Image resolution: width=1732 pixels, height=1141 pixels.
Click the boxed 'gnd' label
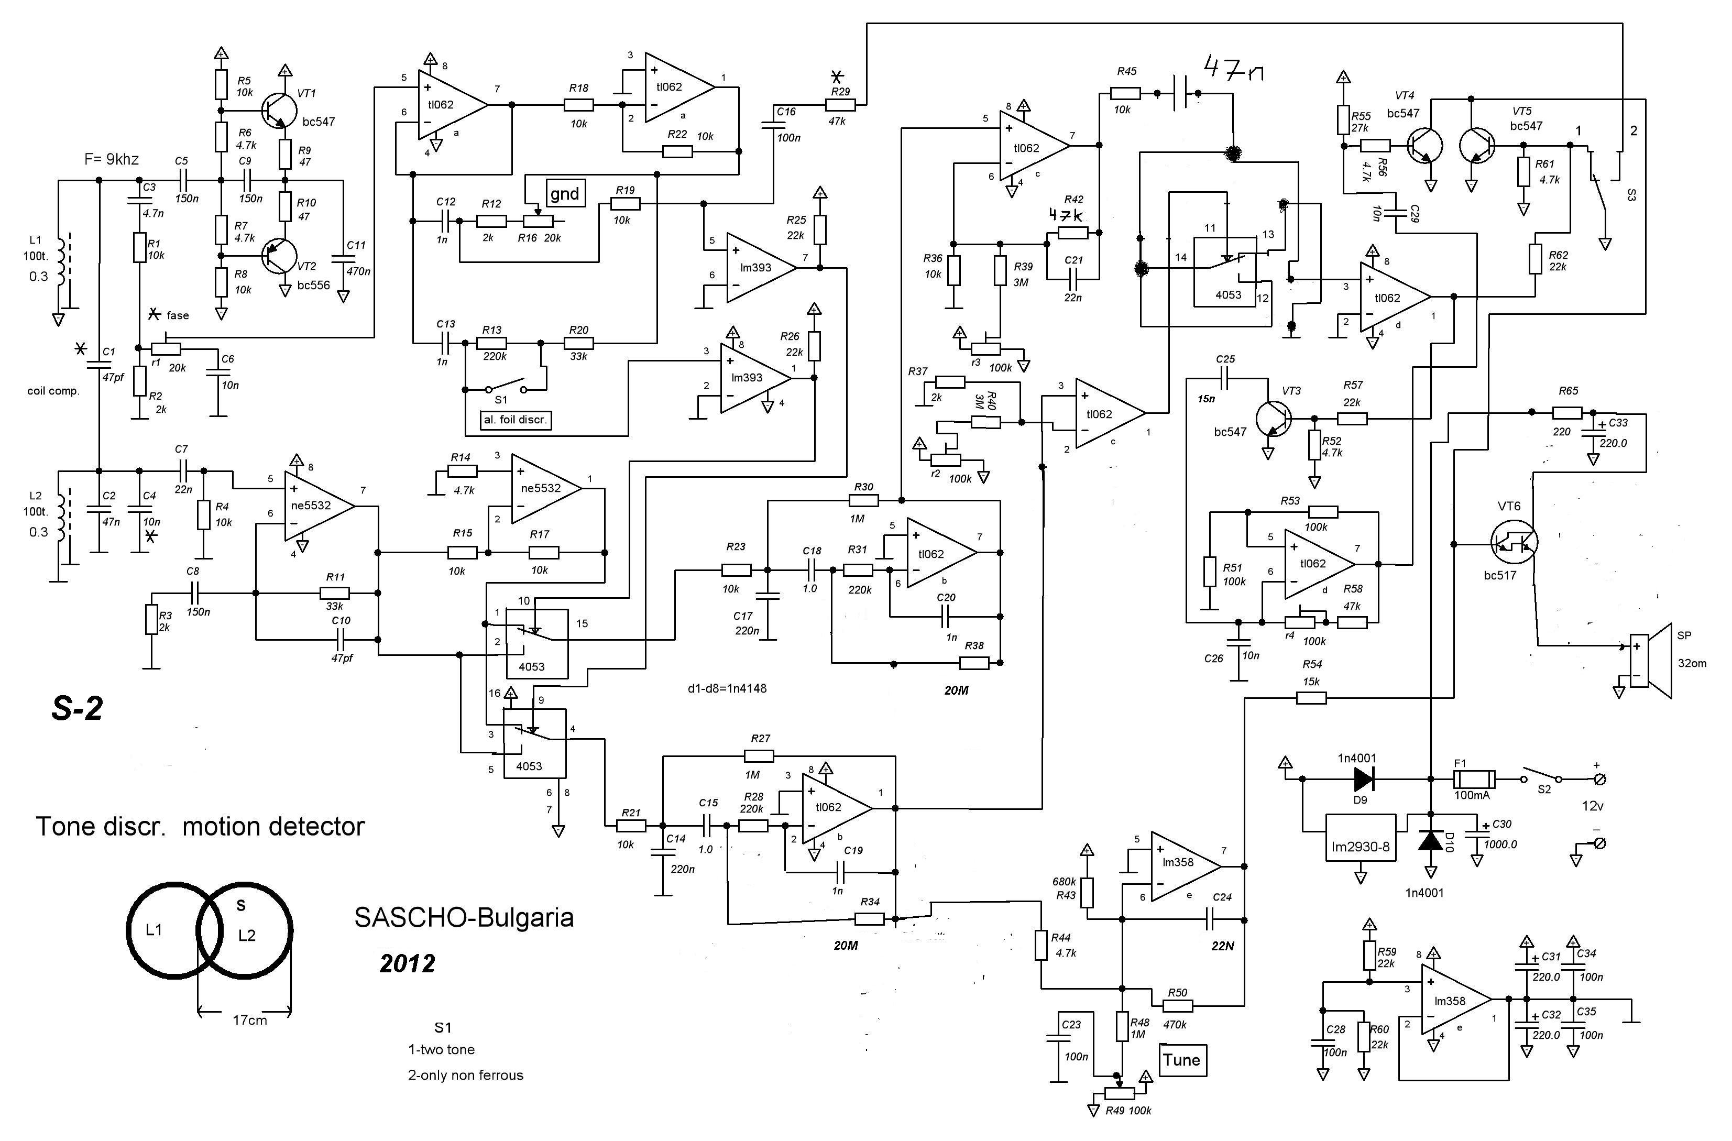click(565, 193)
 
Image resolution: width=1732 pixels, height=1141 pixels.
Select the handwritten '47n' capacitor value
click(1234, 70)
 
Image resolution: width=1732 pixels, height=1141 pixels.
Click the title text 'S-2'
click(77, 709)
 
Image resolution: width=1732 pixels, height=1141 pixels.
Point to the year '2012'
click(408, 963)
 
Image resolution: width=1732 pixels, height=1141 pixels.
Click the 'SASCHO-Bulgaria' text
click(464, 918)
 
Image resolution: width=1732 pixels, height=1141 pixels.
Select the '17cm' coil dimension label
click(249, 1020)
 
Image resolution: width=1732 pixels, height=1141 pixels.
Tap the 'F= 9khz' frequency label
click(112, 159)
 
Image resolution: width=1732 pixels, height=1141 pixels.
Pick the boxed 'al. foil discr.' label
click(515, 420)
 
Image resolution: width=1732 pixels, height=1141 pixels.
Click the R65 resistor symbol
click(1567, 413)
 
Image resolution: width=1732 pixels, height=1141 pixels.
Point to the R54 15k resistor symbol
click(1311, 698)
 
